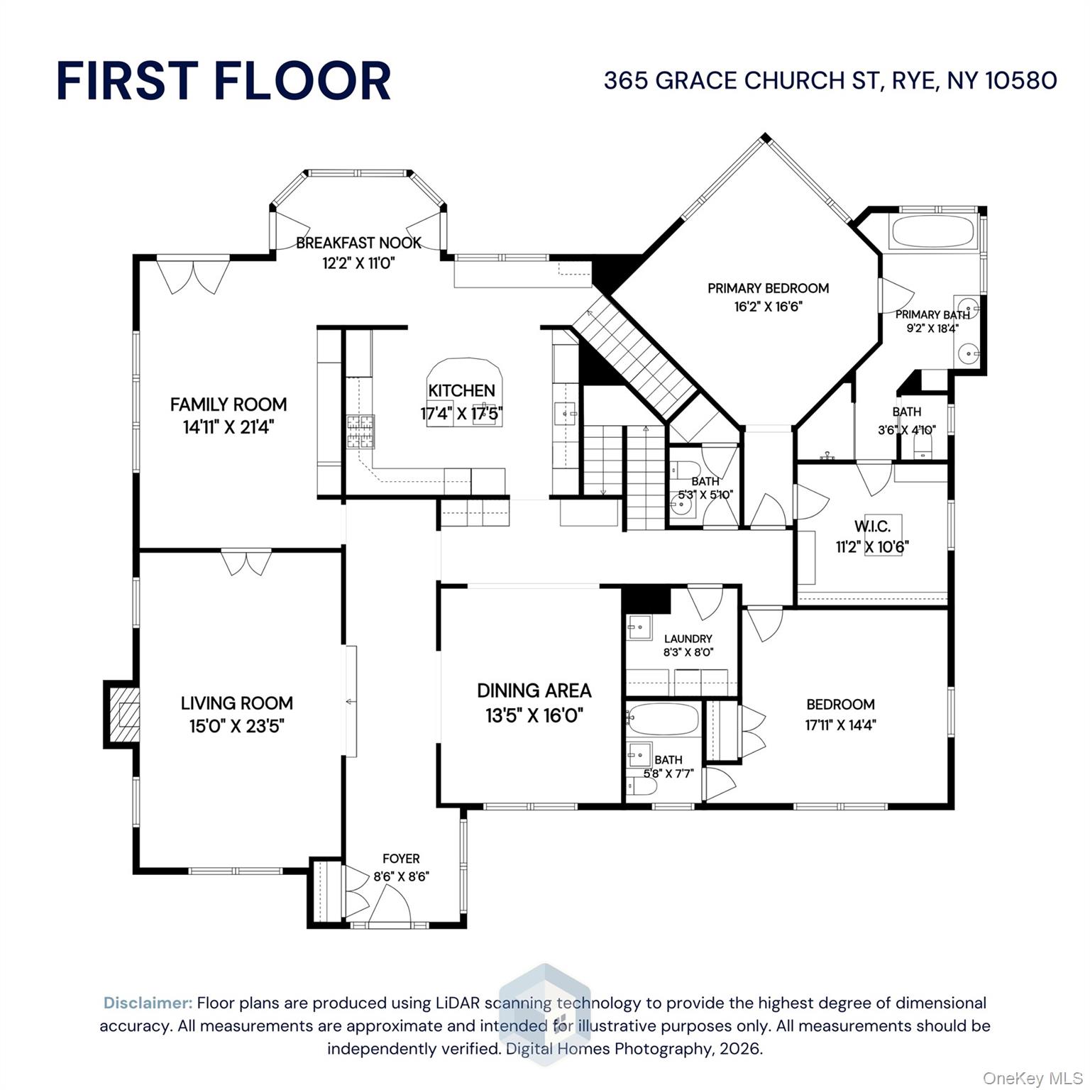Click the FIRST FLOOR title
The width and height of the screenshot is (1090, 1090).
point(224,81)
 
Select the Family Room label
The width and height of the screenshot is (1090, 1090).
point(229,404)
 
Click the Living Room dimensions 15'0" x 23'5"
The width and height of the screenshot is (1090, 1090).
point(236,726)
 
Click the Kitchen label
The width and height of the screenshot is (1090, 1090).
point(461,390)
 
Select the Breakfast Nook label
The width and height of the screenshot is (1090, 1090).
point(358,243)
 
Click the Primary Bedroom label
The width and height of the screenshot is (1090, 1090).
point(768,288)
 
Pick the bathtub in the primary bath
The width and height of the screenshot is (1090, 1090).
point(932,232)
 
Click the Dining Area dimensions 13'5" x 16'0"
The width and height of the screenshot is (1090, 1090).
point(534,715)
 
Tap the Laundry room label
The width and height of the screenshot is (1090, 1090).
point(688,639)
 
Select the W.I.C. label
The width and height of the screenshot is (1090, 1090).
point(872,527)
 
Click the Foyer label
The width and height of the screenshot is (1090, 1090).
point(401,859)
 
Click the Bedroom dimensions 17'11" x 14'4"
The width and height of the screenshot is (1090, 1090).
point(840,725)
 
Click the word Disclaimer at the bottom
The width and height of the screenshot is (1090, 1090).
point(148,1003)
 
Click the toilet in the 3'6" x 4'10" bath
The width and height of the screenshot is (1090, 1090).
point(923,446)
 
